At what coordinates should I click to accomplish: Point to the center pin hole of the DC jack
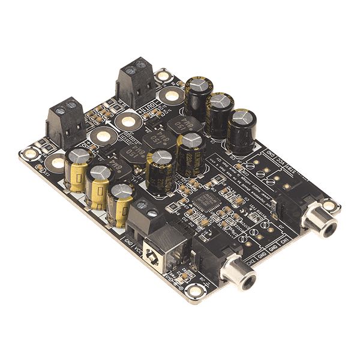pyautogui.click(x=155, y=260)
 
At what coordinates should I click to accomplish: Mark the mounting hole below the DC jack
pyautogui.click(x=195, y=292)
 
